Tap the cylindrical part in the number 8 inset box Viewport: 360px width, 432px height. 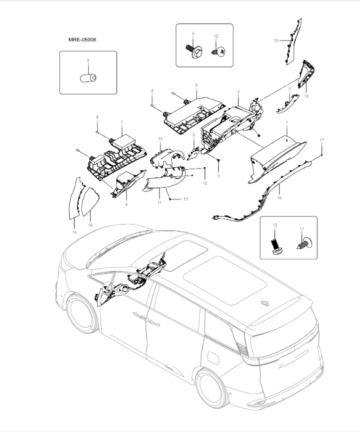[x=88, y=77]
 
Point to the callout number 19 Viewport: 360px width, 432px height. [x=306, y=96]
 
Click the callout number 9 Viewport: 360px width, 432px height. [x=195, y=85]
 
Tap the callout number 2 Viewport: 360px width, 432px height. [x=238, y=92]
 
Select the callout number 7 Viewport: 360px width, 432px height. [x=121, y=122]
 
